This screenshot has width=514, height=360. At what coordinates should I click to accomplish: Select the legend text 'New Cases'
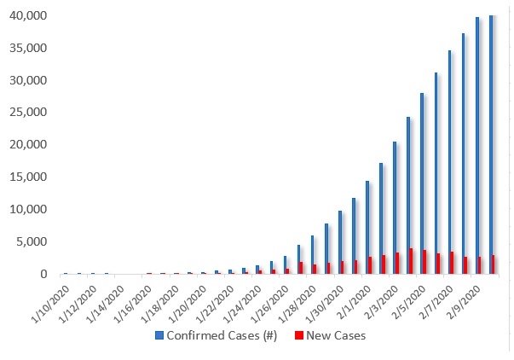(x=337, y=336)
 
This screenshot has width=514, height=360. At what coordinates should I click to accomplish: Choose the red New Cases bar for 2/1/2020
(x=372, y=265)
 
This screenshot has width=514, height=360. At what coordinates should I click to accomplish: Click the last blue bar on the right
(x=492, y=144)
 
